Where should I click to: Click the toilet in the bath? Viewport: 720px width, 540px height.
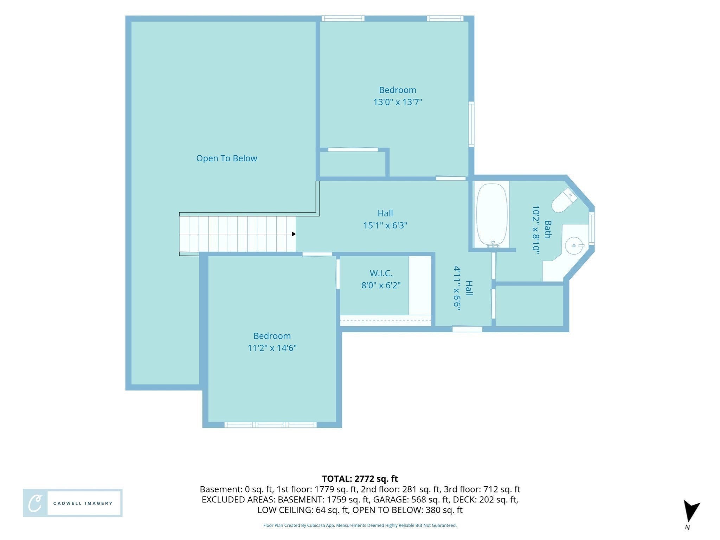tap(564, 200)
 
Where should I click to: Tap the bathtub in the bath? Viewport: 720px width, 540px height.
tap(492, 215)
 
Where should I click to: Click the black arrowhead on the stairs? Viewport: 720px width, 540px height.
tap(294, 234)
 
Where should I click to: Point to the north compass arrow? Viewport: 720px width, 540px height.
tap(691, 512)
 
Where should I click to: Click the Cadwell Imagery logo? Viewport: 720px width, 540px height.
tap(73, 503)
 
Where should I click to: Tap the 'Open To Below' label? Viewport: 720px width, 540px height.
tap(227, 158)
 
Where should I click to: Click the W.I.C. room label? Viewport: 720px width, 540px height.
tap(381, 273)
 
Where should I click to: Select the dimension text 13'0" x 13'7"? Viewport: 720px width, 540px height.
tap(398, 102)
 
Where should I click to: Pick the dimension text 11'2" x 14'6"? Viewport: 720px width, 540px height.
tap(272, 348)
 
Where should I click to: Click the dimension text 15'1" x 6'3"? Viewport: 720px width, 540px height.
tap(385, 225)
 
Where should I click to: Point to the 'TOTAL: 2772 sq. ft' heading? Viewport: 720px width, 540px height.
tap(360, 479)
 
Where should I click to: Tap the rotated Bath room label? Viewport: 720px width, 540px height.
tap(548, 229)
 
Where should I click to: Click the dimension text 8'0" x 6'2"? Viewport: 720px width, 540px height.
tap(381, 285)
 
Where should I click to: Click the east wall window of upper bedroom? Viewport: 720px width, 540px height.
tap(471, 124)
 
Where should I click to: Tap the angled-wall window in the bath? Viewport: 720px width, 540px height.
tap(592, 229)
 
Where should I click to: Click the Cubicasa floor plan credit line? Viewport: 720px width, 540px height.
tap(360, 526)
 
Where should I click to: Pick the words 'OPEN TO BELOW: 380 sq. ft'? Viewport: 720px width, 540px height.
tap(407, 510)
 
